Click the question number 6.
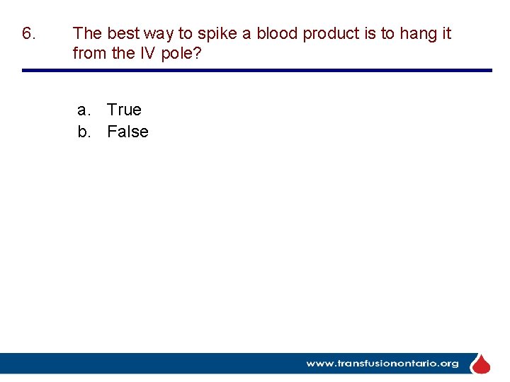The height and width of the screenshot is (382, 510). [28, 33]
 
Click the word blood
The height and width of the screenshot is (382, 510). [277, 33]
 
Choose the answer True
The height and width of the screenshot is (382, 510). [124, 110]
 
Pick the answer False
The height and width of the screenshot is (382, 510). [127, 132]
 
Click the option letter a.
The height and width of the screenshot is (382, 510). [84, 110]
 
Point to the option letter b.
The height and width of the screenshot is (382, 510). [84, 132]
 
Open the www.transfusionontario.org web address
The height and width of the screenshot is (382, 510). [382, 364]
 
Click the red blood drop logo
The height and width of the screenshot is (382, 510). [481, 364]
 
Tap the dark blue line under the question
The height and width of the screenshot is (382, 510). [256, 70]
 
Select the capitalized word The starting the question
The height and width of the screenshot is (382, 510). [88, 33]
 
